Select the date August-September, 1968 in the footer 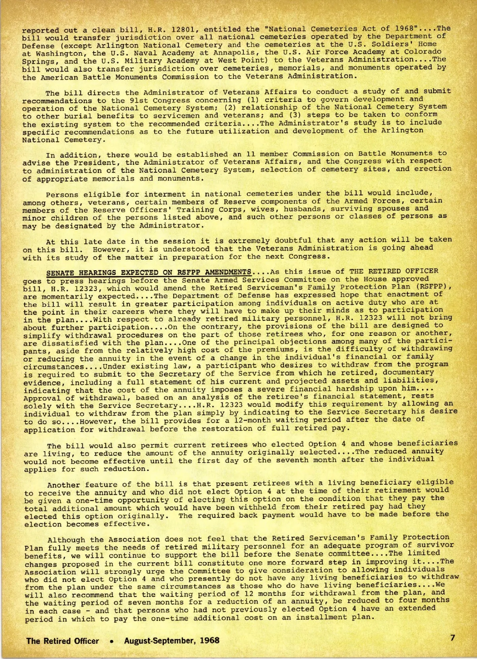[171, 641]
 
